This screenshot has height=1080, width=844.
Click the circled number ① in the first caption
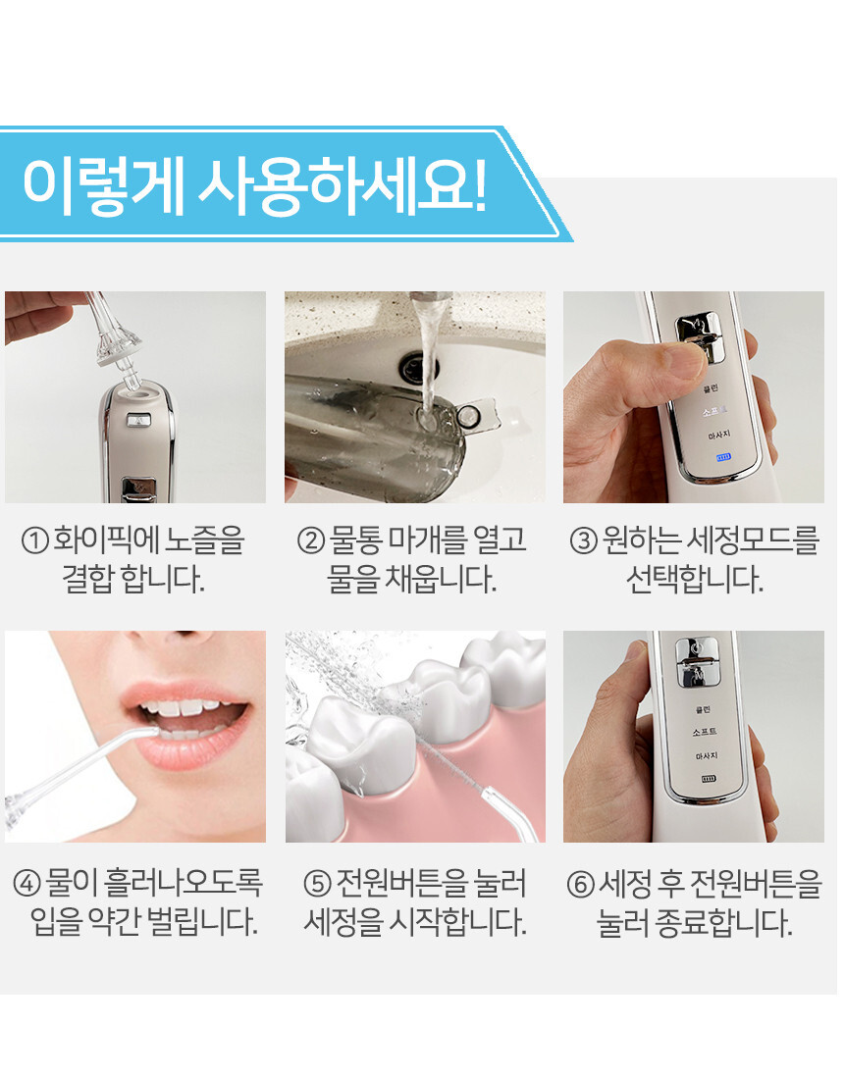(34, 540)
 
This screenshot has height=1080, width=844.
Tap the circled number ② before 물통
(310, 540)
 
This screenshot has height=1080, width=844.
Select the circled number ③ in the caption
(583, 540)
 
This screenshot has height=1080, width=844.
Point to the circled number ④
(26, 883)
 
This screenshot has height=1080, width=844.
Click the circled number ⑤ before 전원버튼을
(318, 883)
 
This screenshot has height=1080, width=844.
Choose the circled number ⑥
(580, 884)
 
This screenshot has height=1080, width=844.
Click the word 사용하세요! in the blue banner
(343, 186)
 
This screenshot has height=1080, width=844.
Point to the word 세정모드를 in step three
(753, 540)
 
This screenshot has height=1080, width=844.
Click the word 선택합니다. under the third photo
(695, 580)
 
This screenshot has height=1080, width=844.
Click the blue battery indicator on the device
(722, 457)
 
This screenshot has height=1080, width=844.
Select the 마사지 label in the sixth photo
(706, 755)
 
